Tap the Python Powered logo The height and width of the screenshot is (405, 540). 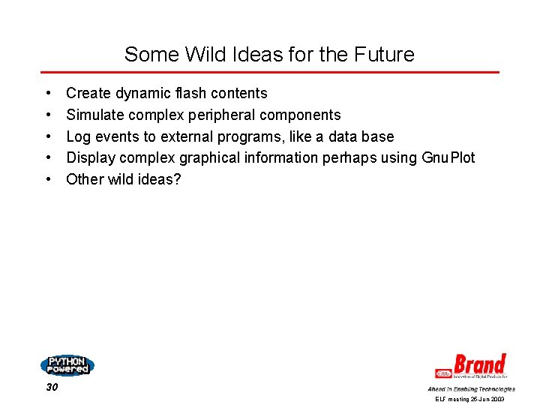coord(67,365)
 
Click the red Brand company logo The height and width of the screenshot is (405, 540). coord(472,367)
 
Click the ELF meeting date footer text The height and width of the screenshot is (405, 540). coord(470,400)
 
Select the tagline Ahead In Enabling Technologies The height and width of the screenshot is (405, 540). coord(471,389)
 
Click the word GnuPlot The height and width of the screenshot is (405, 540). coord(448,157)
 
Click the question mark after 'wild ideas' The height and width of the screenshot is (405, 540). coord(177,179)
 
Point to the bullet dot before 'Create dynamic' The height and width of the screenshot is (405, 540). coord(48,94)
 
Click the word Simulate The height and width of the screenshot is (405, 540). coord(95,115)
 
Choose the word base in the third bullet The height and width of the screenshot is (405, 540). coord(378,136)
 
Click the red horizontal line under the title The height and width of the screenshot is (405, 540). coord(269,73)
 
